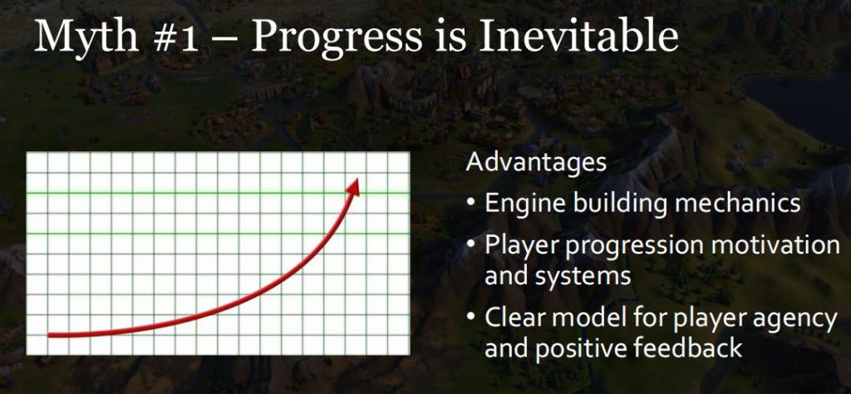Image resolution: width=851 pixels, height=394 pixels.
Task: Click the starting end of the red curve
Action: [50, 335]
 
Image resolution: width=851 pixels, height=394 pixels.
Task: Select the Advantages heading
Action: [536, 164]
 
